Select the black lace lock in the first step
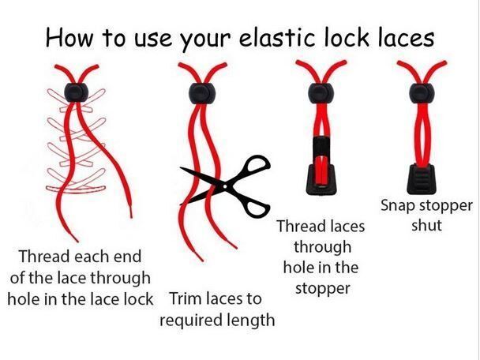(x=77, y=92)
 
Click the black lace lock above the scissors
(x=202, y=92)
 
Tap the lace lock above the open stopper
(x=321, y=92)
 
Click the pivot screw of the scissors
(x=225, y=186)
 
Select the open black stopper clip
(x=321, y=166)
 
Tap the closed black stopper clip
(x=422, y=178)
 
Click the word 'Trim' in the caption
(x=185, y=298)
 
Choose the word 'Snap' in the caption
(x=398, y=206)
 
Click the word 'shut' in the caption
(x=426, y=225)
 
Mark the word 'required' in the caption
(x=190, y=321)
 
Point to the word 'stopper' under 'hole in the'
(x=323, y=288)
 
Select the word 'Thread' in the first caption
(x=45, y=257)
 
